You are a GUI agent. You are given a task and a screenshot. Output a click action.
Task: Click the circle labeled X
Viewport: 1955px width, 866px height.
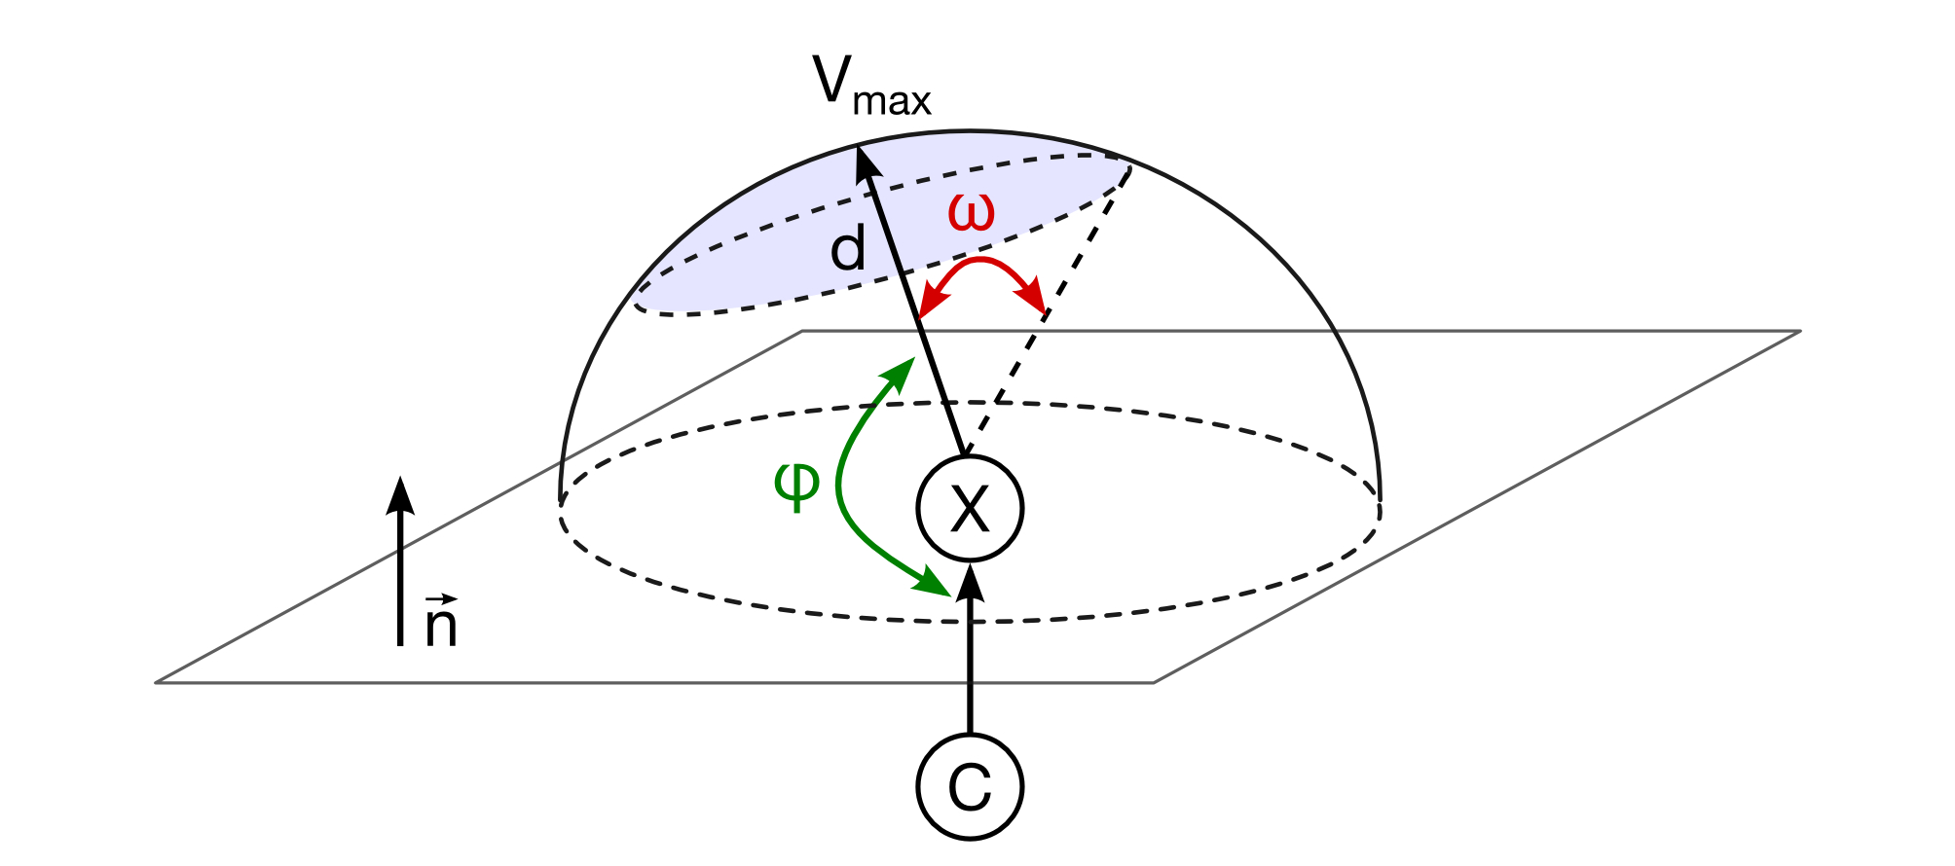(x=970, y=508)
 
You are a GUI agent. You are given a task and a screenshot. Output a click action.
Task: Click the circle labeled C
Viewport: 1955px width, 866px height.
(x=970, y=786)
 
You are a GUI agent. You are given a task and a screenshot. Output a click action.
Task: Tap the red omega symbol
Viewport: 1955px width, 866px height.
(x=972, y=213)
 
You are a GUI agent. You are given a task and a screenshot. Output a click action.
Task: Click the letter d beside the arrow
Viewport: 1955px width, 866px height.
(x=847, y=251)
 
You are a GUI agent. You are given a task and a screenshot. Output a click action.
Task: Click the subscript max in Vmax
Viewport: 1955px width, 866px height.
(x=892, y=101)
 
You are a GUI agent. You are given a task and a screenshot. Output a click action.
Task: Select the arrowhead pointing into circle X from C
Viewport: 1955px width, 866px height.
(x=970, y=582)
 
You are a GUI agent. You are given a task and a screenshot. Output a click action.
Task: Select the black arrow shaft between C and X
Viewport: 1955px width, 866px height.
(x=970, y=671)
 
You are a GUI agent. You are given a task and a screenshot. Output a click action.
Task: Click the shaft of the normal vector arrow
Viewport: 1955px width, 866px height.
(x=400, y=584)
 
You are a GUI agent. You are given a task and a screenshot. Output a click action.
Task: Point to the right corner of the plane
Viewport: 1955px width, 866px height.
(x=1797, y=333)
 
